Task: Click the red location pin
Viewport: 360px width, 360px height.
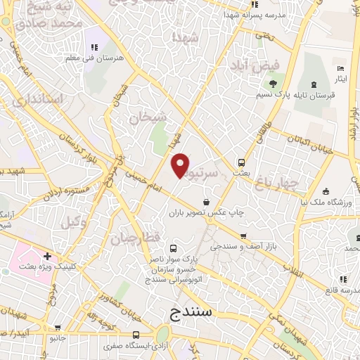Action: click(x=181, y=165)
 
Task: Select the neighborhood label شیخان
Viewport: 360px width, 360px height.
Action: click(x=147, y=117)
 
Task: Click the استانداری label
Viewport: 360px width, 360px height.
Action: click(x=42, y=100)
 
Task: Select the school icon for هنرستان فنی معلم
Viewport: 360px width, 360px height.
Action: click(x=93, y=47)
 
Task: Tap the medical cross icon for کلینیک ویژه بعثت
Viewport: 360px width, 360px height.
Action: click(x=47, y=257)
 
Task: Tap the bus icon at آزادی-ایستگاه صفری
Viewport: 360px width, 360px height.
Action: click(x=136, y=335)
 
